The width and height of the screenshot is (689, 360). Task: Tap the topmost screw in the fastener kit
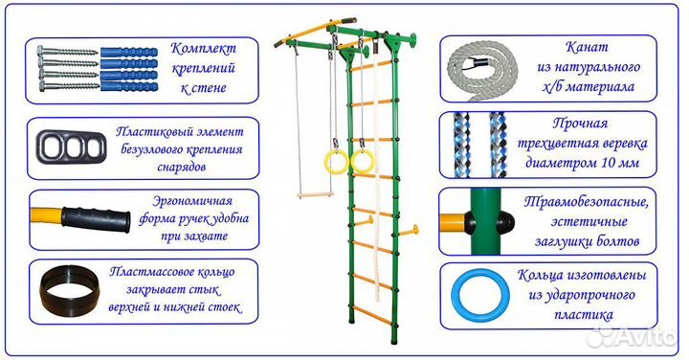66,47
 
